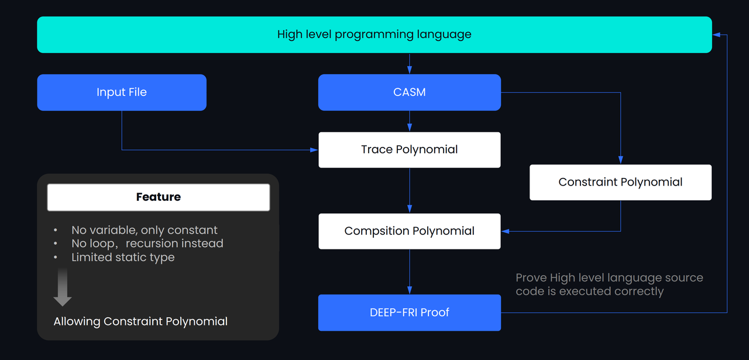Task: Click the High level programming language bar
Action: pos(374,35)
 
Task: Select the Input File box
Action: pos(122,92)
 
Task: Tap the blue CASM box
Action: pos(410,92)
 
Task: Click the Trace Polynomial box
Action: pos(410,150)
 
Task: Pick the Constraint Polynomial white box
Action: pos(620,182)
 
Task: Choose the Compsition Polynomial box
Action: pos(410,231)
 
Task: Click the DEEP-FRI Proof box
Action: pos(410,313)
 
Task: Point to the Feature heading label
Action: pos(159,197)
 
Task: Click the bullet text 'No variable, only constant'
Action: pos(144,230)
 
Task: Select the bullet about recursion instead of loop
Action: pos(147,244)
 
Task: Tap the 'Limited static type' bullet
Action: pos(123,258)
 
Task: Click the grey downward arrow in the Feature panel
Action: pos(63,287)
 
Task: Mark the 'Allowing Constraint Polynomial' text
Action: pos(140,321)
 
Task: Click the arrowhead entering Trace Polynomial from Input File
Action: pos(314,150)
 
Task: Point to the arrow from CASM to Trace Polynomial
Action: pos(410,122)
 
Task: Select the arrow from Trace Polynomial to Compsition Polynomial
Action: pos(410,191)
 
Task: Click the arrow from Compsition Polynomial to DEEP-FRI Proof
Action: pos(410,272)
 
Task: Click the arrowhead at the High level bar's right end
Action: pos(716,35)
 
